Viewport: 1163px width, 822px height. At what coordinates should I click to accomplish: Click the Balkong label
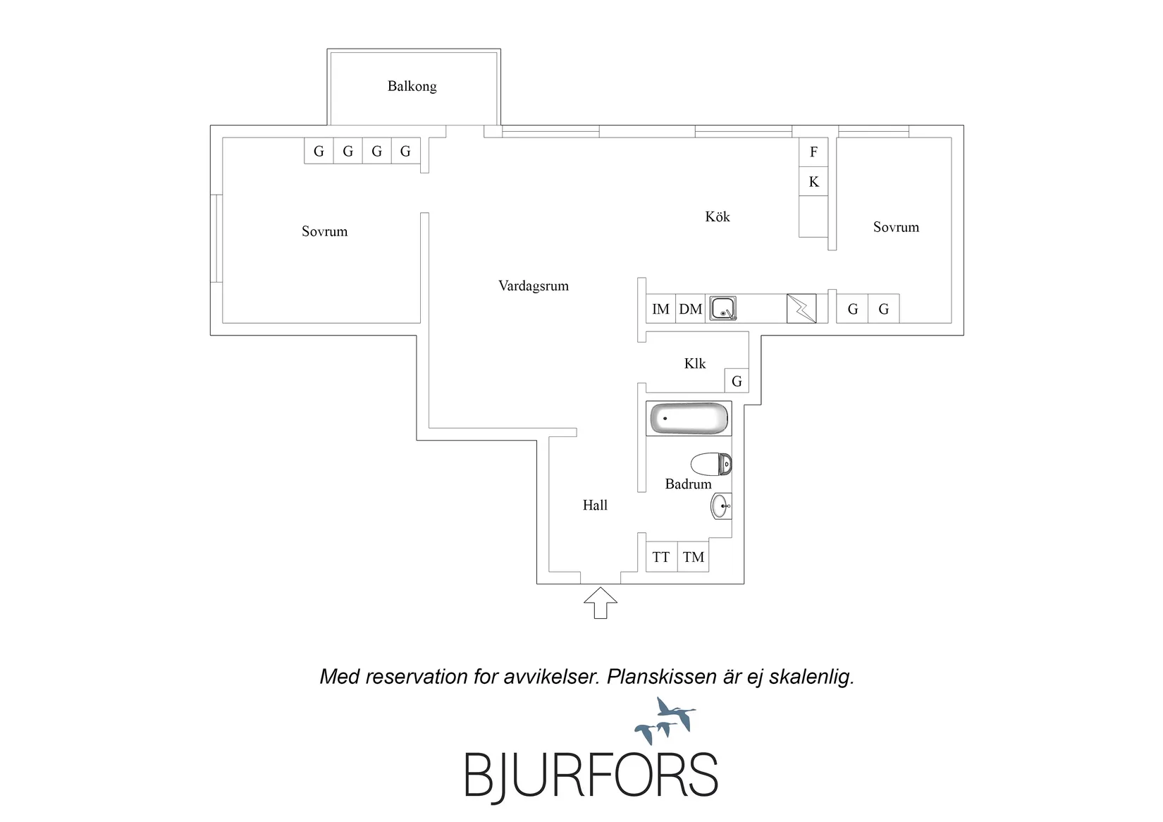pos(412,86)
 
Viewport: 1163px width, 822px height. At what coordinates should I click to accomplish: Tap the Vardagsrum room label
pos(533,286)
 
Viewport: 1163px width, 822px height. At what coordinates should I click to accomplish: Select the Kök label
pos(717,216)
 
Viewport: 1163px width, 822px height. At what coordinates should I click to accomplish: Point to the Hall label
pos(594,505)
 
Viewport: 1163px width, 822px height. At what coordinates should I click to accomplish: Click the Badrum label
pos(688,484)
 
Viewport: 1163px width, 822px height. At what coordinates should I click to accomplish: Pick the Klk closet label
pos(695,364)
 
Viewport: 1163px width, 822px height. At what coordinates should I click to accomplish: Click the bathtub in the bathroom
pos(689,418)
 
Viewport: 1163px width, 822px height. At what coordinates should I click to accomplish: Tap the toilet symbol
pos(710,464)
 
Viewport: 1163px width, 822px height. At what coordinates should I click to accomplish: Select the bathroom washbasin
pos(720,505)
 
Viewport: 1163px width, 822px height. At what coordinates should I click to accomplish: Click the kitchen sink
pos(722,308)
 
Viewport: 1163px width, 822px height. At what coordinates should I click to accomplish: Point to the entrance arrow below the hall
pos(601,603)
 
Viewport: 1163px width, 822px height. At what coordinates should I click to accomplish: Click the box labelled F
pos(813,152)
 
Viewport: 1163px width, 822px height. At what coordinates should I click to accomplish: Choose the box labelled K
pos(813,181)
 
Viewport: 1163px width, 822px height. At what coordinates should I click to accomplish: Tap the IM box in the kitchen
pos(660,309)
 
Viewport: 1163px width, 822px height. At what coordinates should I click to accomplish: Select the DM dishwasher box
pos(690,309)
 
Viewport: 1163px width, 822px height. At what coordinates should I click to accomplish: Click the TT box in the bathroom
pos(661,557)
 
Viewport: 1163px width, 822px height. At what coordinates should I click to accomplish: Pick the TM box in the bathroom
pos(693,557)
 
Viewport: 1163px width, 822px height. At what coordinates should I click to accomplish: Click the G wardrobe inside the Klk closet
pos(737,381)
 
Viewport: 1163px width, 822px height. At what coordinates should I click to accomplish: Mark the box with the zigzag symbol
pos(801,309)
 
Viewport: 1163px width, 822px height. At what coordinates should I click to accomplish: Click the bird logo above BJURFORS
pos(665,720)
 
